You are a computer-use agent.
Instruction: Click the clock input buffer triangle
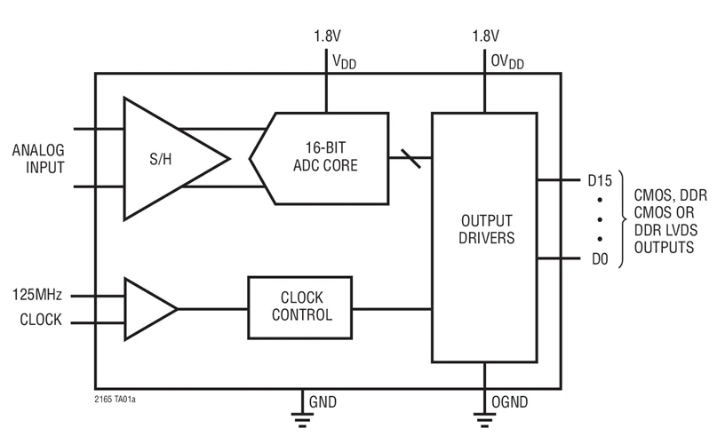click(x=147, y=308)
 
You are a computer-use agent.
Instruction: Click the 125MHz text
click(x=37, y=295)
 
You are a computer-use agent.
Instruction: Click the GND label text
click(x=323, y=401)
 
